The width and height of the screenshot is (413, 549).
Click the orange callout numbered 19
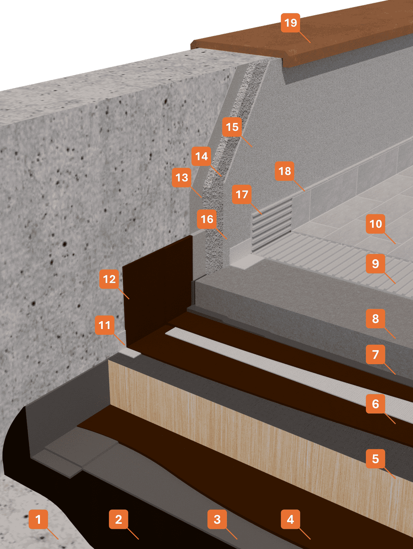point(290,23)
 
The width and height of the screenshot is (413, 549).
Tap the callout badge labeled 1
point(38,519)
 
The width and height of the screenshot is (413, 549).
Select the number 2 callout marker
point(118,519)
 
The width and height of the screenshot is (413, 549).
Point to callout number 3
point(217,519)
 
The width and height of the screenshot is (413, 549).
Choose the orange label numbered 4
point(290,519)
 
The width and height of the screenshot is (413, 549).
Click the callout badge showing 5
point(375,459)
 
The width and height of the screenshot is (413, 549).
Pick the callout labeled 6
point(375,404)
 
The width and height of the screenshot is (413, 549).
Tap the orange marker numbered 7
point(375,355)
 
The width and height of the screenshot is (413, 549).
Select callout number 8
point(375,318)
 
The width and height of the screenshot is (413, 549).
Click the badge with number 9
point(375,263)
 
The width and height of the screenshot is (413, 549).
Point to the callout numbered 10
point(375,224)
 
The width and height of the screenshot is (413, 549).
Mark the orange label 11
point(104,325)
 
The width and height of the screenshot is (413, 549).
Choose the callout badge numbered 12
point(109,279)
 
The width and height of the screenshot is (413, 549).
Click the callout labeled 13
point(182,177)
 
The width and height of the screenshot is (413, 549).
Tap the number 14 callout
point(201,156)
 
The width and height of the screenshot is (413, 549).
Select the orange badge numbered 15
point(232,127)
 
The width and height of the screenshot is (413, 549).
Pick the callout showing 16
point(207,219)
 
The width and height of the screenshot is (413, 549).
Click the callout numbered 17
point(242,194)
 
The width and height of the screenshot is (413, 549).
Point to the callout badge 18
point(285,171)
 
